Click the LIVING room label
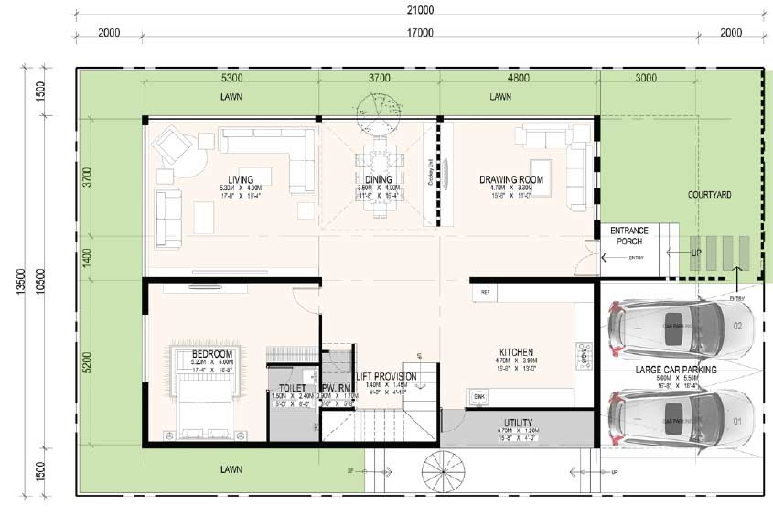click(x=241, y=179)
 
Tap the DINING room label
click(x=378, y=179)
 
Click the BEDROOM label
click(x=212, y=354)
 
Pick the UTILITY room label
click(x=518, y=423)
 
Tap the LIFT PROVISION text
click(x=386, y=376)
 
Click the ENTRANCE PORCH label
click(x=628, y=236)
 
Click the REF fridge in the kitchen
click(x=481, y=293)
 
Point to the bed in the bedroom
click(x=203, y=399)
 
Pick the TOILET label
click(x=292, y=388)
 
